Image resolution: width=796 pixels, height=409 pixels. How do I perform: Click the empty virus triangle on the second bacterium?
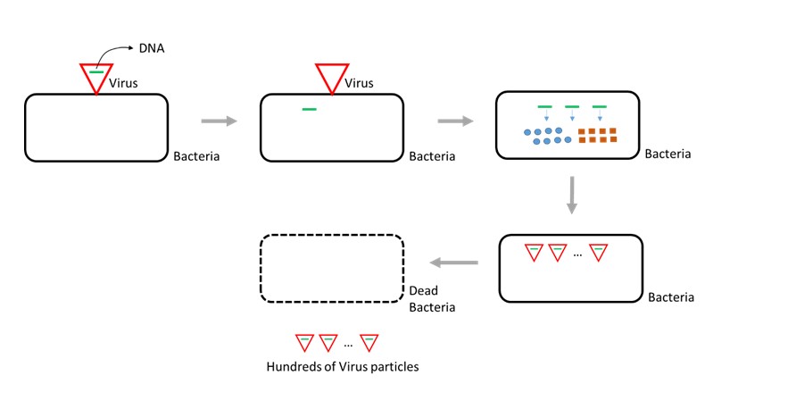point(332,77)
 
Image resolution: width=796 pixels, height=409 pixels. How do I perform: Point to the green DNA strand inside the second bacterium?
point(309,110)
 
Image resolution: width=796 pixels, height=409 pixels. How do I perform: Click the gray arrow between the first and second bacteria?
point(219,120)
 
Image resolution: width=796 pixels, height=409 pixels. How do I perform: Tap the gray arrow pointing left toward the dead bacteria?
point(454,263)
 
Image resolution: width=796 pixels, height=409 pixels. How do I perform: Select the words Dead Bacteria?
point(432,299)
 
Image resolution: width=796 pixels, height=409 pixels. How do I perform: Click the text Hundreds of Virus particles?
point(343,366)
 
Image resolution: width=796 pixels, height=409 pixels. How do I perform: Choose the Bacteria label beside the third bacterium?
point(667,154)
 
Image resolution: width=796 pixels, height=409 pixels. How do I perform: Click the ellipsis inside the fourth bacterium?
point(577,255)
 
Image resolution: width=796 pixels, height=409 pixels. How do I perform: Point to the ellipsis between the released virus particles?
point(349,343)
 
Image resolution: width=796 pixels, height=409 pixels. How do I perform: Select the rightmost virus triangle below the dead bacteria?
point(369,342)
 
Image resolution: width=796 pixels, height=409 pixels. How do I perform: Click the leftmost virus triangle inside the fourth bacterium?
point(534,253)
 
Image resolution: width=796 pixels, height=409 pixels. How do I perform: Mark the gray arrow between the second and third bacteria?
point(454,120)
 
